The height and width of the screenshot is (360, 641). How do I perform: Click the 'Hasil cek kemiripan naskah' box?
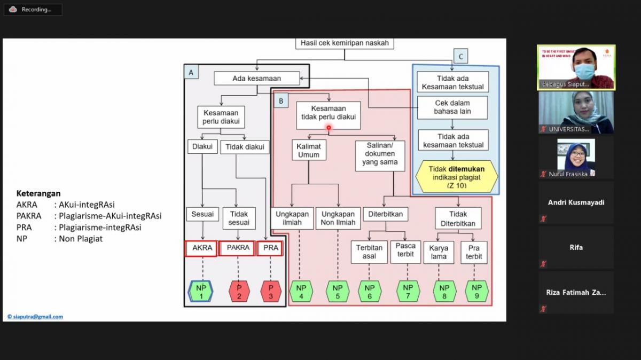[x=345, y=43]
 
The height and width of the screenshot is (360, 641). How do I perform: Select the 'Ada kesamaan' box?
[x=256, y=79]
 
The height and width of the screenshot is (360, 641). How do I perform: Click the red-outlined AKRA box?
[x=202, y=248]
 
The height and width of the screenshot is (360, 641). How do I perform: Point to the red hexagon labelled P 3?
[x=271, y=292]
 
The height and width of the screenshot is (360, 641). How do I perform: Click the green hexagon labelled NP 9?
[x=476, y=292]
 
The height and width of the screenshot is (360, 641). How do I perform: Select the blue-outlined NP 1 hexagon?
[x=201, y=292]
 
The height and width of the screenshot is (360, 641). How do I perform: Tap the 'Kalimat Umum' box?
[x=309, y=150]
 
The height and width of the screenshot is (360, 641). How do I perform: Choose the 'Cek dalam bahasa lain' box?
[x=453, y=107]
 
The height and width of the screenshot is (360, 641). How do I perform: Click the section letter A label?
[x=191, y=72]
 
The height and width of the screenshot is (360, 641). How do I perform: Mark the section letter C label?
[x=460, y=57]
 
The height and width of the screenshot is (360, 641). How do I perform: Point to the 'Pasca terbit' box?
[x=405, y=252]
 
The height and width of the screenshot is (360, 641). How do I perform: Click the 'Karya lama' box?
[x=439, y=252]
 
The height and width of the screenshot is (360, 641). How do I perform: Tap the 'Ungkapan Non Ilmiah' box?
[x=338, y=218]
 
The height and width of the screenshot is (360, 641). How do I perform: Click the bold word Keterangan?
[x=38, y=193]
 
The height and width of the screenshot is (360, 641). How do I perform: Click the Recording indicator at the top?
[x=33, y=10]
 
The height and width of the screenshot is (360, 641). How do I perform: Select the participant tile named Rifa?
[x=576, y=247]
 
